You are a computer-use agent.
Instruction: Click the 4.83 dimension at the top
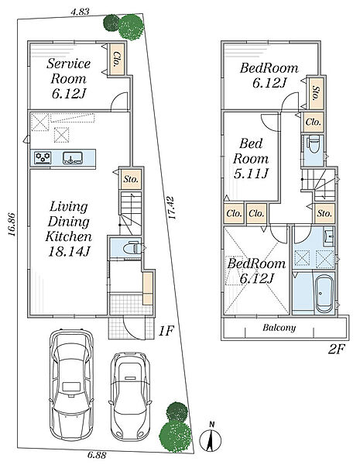coord(80,12)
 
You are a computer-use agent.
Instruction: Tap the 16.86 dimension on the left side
coord(12,224)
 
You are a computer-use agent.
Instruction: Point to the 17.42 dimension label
coord(172,208)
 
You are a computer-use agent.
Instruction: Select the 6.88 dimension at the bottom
coord(97,455)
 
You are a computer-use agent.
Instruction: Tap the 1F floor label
coord(166,331)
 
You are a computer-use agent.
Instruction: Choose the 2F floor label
coord(337,349)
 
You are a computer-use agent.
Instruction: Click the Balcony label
coord(279,328)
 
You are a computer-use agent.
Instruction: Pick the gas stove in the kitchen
coord(43,157)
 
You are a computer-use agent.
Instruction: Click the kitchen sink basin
coord(73,157)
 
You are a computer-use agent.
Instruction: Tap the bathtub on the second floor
coord(324,294)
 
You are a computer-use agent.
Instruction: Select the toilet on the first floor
coord(132,247)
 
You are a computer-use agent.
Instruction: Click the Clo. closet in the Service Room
coord(117,60)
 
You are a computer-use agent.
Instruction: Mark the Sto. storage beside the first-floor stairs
coord(131,179)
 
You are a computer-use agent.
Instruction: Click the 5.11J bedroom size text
coord(251,174)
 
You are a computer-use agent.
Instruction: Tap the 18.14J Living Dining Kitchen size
coord(69,252)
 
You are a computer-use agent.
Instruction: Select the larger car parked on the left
coord(71,384)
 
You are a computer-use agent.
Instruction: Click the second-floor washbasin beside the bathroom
coord(328,236)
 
